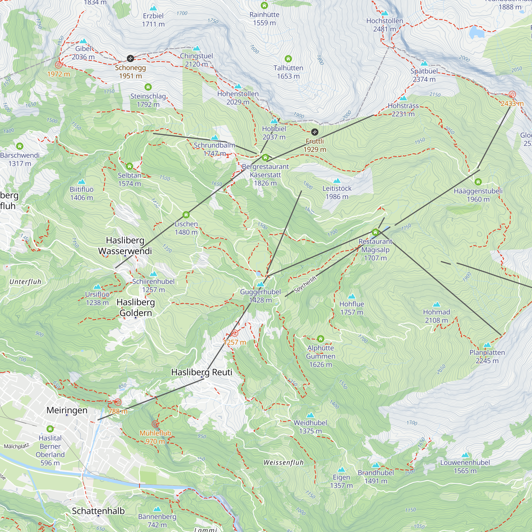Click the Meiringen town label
pyautogui.click(x=67, y=410)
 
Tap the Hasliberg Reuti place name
pyautogui.click(x=202, y=372)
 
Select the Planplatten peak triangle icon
pyautogui.click(x=487, y=345)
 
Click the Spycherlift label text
pyautogui.click(x=305, y=284)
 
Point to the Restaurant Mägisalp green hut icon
pyautogui.click(x=375, y=232)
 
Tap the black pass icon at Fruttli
pyautogui.click(x=314, y=132)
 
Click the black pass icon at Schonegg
pyautogui.click(x=130, y=58)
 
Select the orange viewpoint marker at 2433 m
pyautogui.click(x=512, y=94)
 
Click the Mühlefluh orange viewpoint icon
pyautogui.click(x=155, y=424)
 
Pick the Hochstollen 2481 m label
pyautogui.click(x=384, y=25)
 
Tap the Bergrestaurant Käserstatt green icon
pyautogui.click(x=265, y=157)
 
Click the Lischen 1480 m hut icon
pyautogui.click(x=186, y=215)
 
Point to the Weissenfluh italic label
pyautogui.click(x=283, y=463)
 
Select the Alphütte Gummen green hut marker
pyautogui.click(x=321, y=339)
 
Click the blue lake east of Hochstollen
pyautogui.click(x=477, y=32)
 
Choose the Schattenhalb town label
pyautogui.click(x=98, y=511)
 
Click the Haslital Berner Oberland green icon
pyautogui.click(x=50, y=429)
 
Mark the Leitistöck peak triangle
pyautogui.click(x=337, y=181)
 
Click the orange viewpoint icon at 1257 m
pyautogui.click(x=234, y=334)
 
